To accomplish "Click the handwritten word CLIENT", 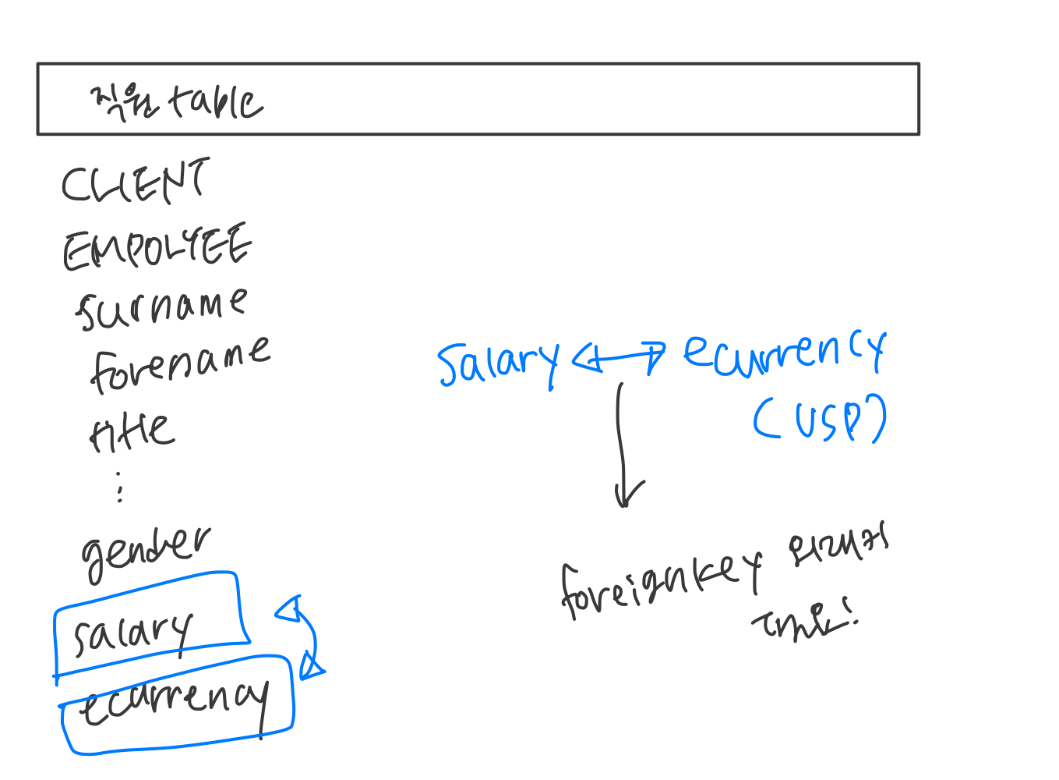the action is click(135, 182).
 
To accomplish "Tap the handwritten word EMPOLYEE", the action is click(157, 247).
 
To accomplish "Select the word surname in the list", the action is click(161, 308).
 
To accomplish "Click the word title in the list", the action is click(132, 431).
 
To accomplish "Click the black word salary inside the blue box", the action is click(132, 633).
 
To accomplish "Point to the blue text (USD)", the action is click(819, 419).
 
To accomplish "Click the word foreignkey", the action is click(660, 584).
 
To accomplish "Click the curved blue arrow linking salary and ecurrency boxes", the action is click(307, 636).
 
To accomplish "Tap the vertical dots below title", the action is click(119, 486).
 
